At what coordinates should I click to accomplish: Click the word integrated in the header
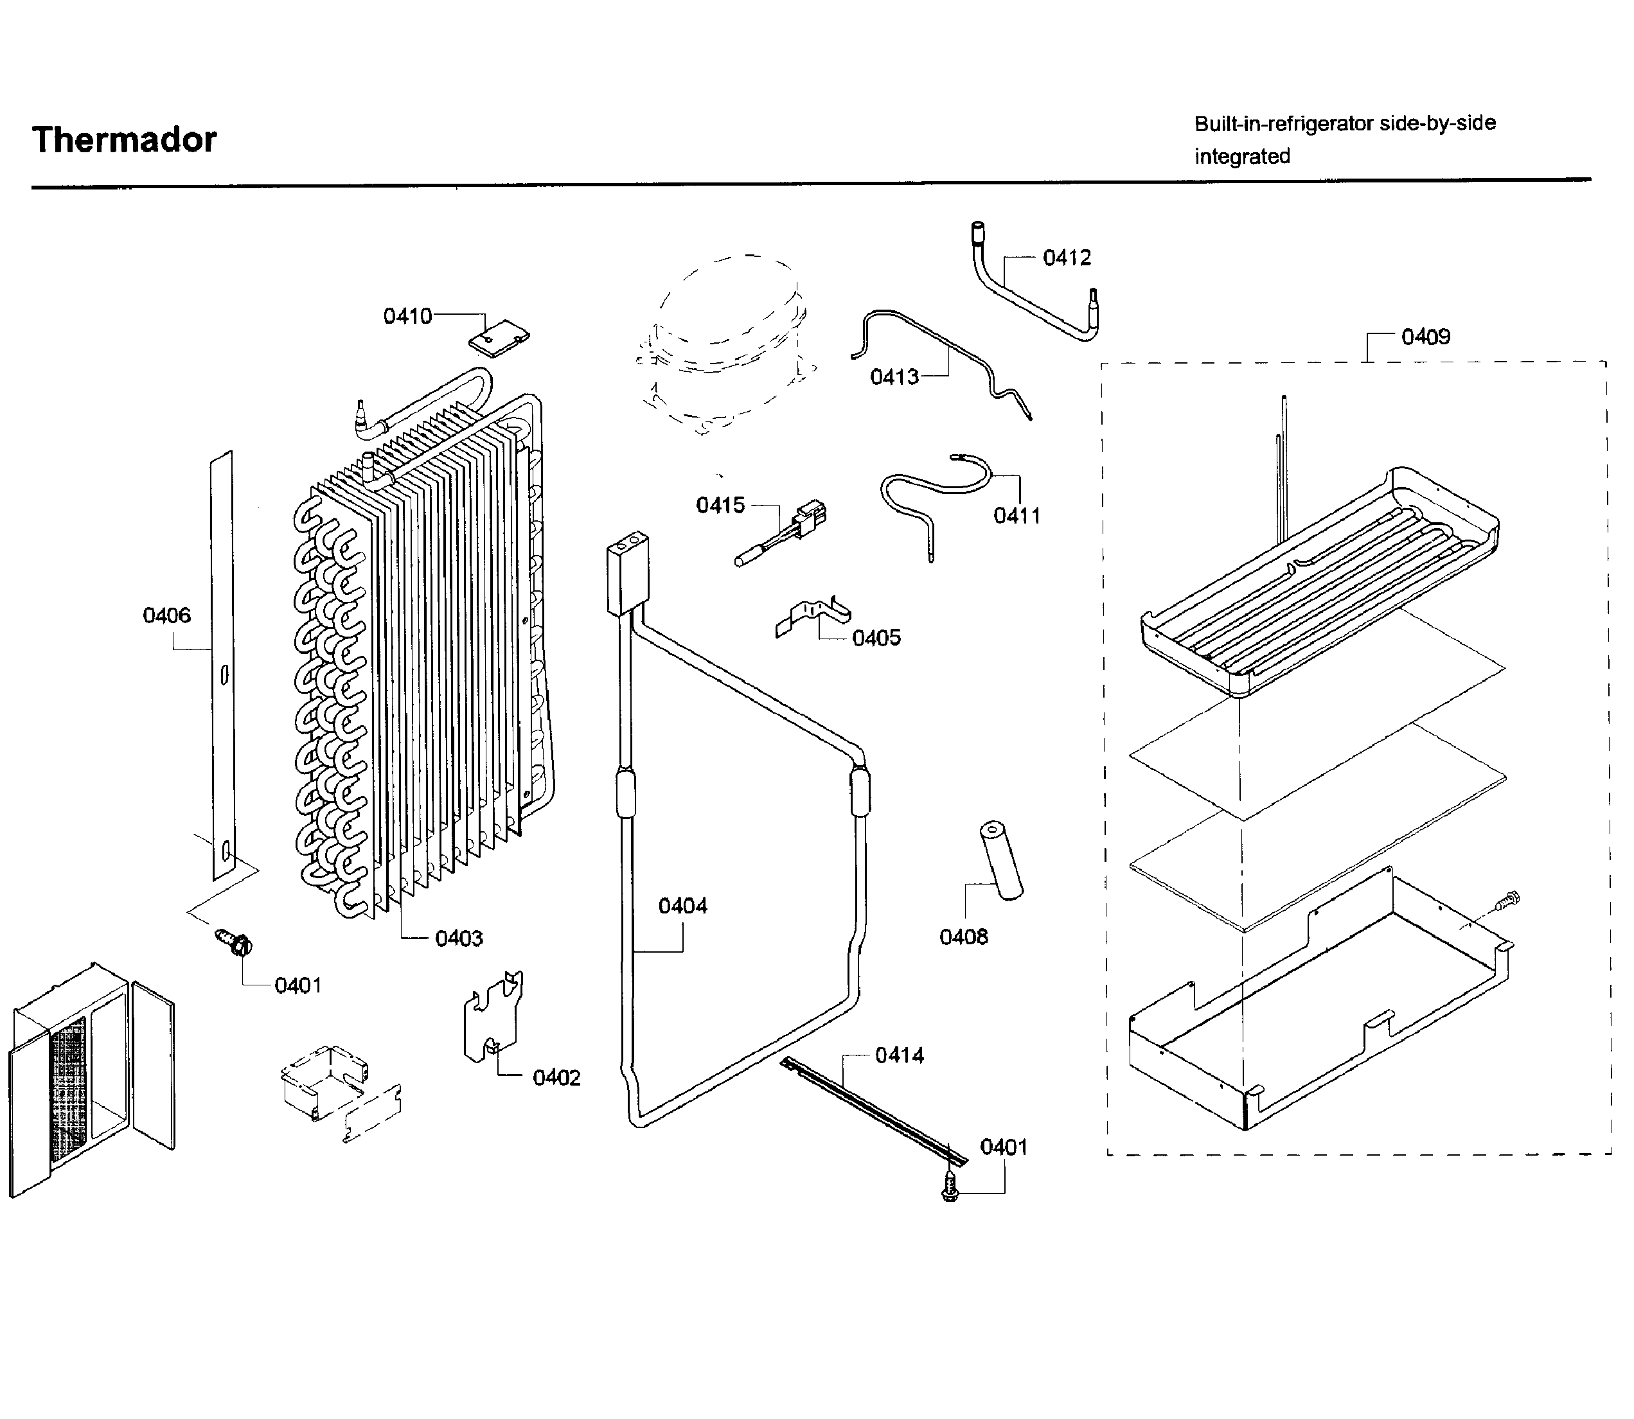pyautogui.click(x=1241, y=157)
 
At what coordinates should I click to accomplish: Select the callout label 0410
pyautogui.click(x=407, y=316)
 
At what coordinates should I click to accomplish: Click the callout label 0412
pyautogui.click(x=1066, y=258)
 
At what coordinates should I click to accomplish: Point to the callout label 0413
pyautogui.click(x=894, y=377)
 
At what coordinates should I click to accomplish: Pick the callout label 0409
pyautogui.click(x=1425, y=337)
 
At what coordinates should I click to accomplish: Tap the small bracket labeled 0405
pyautogui.click(x=812, y=618)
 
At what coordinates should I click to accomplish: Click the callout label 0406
pyautogui.click(x=166, y=615)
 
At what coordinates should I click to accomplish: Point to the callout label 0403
pyautogui.click(x=459, y=939)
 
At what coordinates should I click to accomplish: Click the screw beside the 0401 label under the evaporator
pyautogui.click(x=235, y=942)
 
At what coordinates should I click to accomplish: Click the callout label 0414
pyautogui.click(x=899, y=1055)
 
